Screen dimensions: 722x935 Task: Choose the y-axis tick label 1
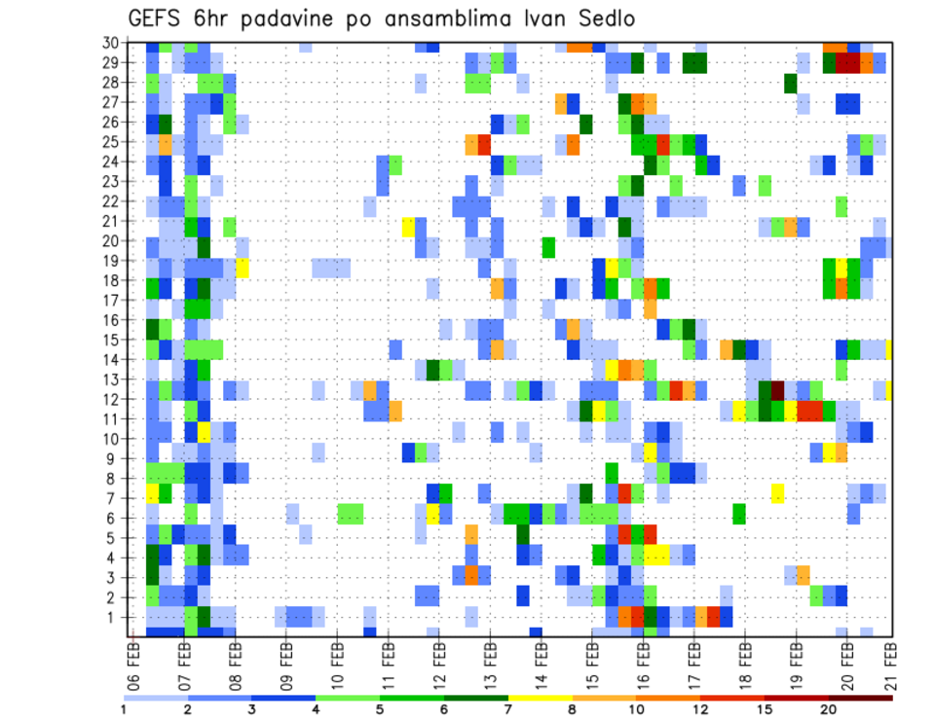coord(119,617)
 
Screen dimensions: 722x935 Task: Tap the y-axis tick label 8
coord(119,478)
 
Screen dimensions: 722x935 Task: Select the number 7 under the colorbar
coord(508,707)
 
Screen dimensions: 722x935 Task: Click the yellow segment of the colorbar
coord(541,698)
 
